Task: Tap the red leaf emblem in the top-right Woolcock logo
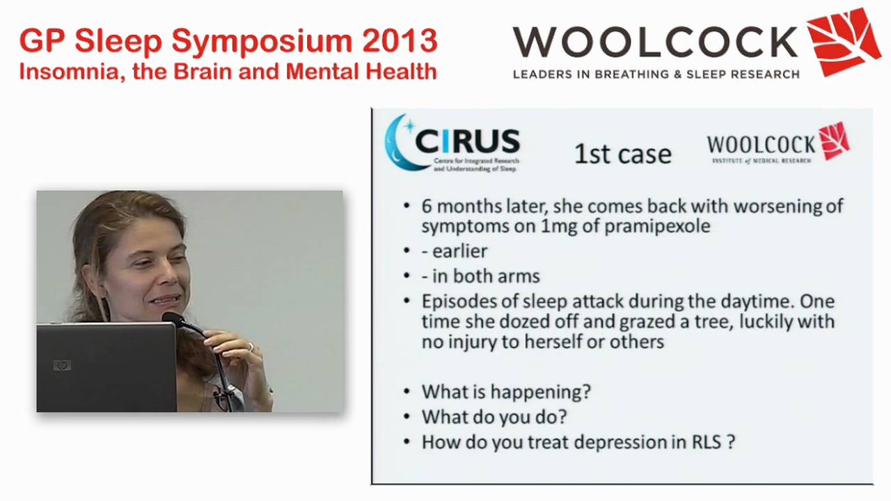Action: pos(843,41)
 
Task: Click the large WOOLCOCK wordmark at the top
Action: pos(655,42)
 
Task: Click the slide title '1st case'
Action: pos(622,154)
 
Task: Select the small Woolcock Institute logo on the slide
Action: pos(778,145)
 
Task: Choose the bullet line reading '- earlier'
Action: pos(454,251)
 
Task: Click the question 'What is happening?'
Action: pos(506,391)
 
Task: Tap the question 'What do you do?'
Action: pos(494,417)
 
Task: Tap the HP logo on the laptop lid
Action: pos(62,365)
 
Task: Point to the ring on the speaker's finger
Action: pos(251,346)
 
